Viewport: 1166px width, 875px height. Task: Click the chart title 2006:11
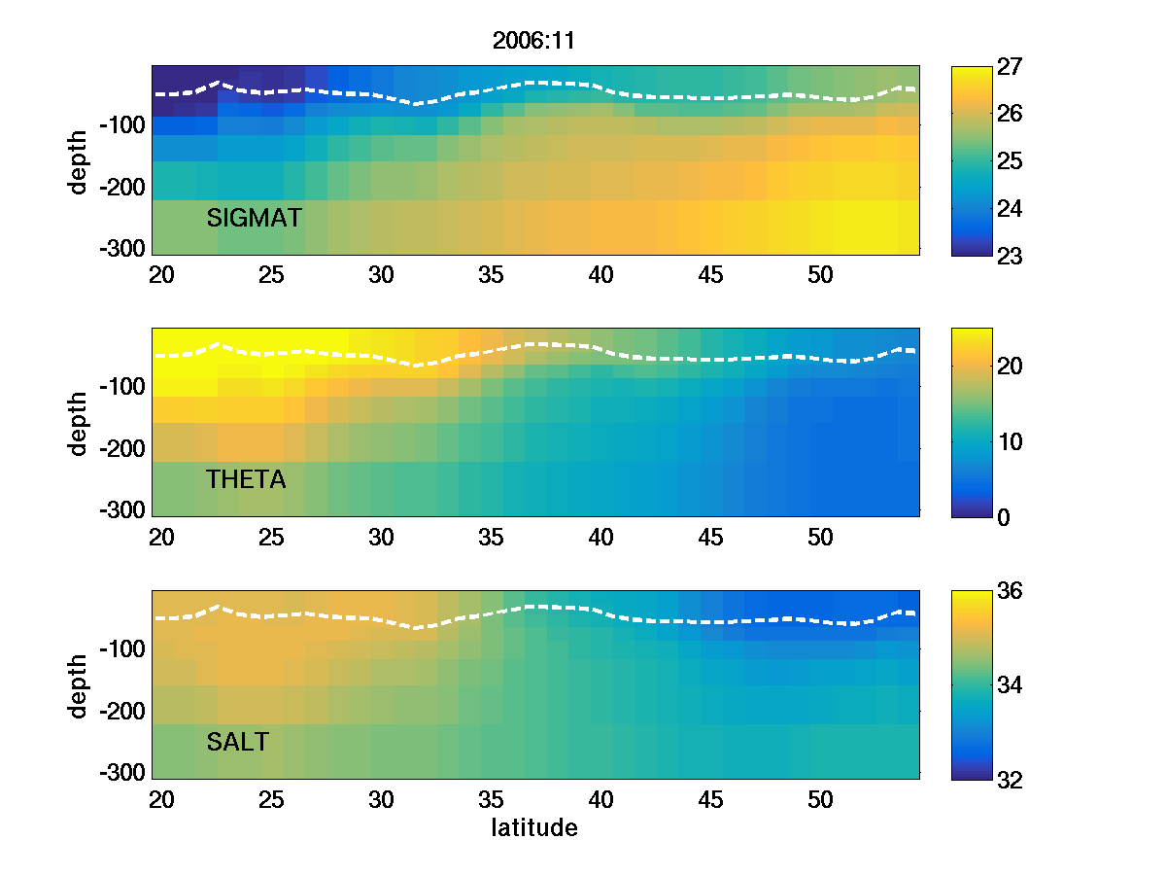tap(534, 41)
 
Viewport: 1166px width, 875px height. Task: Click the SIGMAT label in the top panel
tap(255, 219)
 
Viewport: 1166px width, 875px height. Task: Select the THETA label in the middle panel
tap(246, 479)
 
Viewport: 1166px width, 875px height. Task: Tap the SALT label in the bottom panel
tap(237, 743)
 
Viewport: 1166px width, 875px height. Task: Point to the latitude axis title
tap(534, 828)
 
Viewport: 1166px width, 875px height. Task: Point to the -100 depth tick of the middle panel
tap(122, 387)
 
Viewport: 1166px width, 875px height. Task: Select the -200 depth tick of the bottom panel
tap(122, 711)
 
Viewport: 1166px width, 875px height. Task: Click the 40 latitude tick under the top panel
tap(601, 275)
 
